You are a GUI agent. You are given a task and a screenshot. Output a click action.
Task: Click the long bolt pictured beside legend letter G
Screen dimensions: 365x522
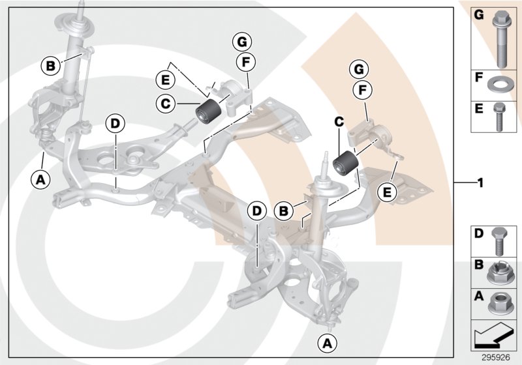(502, 39)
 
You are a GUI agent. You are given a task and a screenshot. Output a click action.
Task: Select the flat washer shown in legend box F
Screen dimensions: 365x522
(502, 85)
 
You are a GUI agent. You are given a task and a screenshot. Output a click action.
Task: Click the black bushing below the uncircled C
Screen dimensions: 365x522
(346, 165)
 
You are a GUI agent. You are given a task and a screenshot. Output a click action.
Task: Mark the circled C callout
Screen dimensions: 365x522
(166, 102)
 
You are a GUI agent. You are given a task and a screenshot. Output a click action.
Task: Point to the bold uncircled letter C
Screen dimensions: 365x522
(339, 121)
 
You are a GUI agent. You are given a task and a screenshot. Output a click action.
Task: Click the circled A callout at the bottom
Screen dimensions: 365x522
(327, 342)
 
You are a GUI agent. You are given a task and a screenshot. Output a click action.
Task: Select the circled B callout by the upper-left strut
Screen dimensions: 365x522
(50, 65)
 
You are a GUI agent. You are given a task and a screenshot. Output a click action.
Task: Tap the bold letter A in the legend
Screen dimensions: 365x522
(478, 295)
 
